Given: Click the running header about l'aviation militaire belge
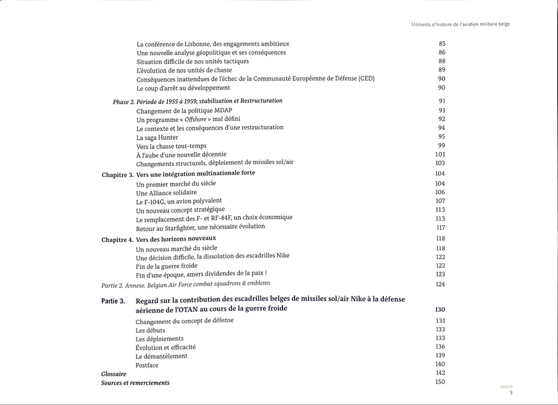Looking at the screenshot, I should tap(460, 24).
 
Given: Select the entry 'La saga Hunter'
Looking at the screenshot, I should tap(157, 137).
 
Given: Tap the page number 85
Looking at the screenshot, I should tap(442, 43).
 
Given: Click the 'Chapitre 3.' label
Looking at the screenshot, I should tap(118, 174).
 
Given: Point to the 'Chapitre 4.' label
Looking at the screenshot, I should tap(118, 239).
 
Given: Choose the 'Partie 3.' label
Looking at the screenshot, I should tap(113, 301).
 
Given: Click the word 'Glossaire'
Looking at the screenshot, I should tap(113, 374).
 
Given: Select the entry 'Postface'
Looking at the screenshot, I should tap(147, 365).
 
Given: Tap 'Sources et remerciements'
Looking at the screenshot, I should tap(135, 383).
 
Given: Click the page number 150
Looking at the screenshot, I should tap(440, 382).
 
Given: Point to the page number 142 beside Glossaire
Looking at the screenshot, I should tap(440, 373).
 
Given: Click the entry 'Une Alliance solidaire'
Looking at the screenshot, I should tap(166, 192).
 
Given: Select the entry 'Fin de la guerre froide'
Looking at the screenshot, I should tap(167, 266).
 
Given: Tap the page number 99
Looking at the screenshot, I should tap(442, 145).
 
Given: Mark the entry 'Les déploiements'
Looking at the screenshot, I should tap(159, 338).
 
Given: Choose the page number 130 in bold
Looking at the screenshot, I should tap(440, 310).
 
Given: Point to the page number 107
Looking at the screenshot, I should tap(440, 201).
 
